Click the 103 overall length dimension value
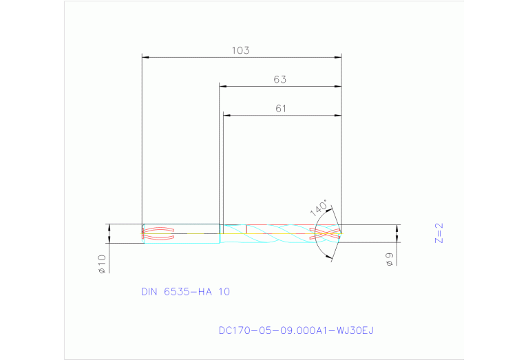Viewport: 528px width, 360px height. tap(240, 50)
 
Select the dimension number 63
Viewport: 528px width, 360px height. tap(279, 80)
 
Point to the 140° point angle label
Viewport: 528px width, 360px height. tap(319, 209)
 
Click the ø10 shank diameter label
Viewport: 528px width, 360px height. tap(101, 264)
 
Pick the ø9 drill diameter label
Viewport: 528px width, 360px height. tap(390, 260)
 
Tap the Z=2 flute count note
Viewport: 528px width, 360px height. tap(439, 233)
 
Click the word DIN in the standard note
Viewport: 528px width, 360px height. tap(149, 292)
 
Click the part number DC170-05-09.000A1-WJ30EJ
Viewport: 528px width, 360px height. tap(296, 330)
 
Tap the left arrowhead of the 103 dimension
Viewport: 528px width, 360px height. tap(145, 57)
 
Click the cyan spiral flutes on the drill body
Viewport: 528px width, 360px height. tap(275, 234)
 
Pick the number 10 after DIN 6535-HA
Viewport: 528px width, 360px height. tap(224, 292)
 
